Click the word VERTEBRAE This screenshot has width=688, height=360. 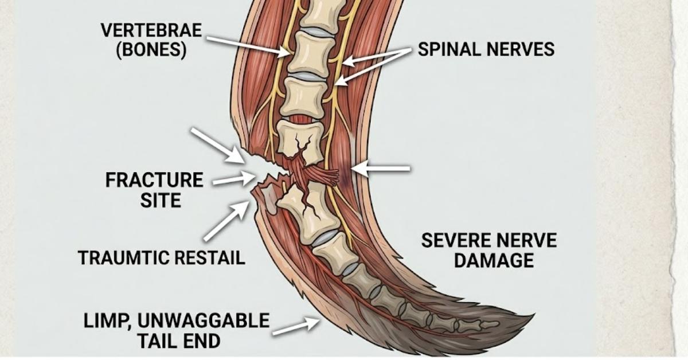[151, 30]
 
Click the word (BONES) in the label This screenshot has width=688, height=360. [151, 50]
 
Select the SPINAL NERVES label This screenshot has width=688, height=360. [486, 49]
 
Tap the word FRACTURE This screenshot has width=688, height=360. [154, 180]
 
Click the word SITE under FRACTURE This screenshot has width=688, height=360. [161, 201]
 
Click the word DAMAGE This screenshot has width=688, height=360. [494, 260]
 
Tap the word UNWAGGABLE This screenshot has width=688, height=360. [204, 320]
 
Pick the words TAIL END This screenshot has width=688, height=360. [179, 341]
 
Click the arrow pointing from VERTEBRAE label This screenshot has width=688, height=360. [248, 46]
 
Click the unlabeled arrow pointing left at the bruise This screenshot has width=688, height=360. [381, 169]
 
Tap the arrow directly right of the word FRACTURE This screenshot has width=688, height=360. [234, 179]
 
